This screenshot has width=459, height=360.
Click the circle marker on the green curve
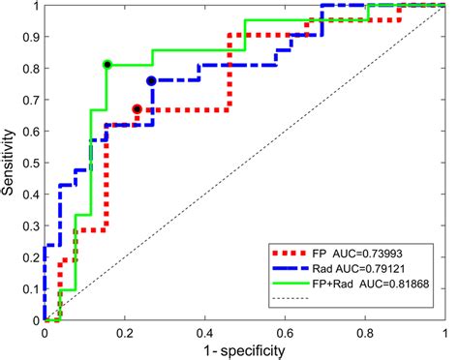[107, 65]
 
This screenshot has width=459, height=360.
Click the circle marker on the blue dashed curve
[151, 81]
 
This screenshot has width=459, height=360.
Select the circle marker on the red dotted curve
[137, 109]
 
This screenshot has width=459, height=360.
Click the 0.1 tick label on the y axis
[29, 288]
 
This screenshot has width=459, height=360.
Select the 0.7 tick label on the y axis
[29, 100]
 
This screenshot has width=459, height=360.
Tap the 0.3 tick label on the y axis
[29, 225]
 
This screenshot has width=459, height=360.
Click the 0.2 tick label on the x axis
[124, 333]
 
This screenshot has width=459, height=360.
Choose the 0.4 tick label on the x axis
[204, 333]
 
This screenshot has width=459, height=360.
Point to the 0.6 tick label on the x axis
[285, 333]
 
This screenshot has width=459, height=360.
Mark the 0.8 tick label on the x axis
[365, 333]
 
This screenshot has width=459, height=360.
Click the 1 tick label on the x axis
[445, 333]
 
